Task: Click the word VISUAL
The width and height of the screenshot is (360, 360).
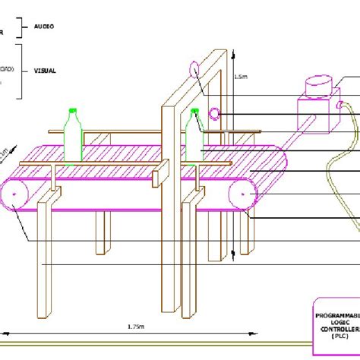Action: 46,71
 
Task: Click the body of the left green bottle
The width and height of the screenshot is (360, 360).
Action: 73,141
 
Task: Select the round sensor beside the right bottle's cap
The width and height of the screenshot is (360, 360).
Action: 215,114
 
